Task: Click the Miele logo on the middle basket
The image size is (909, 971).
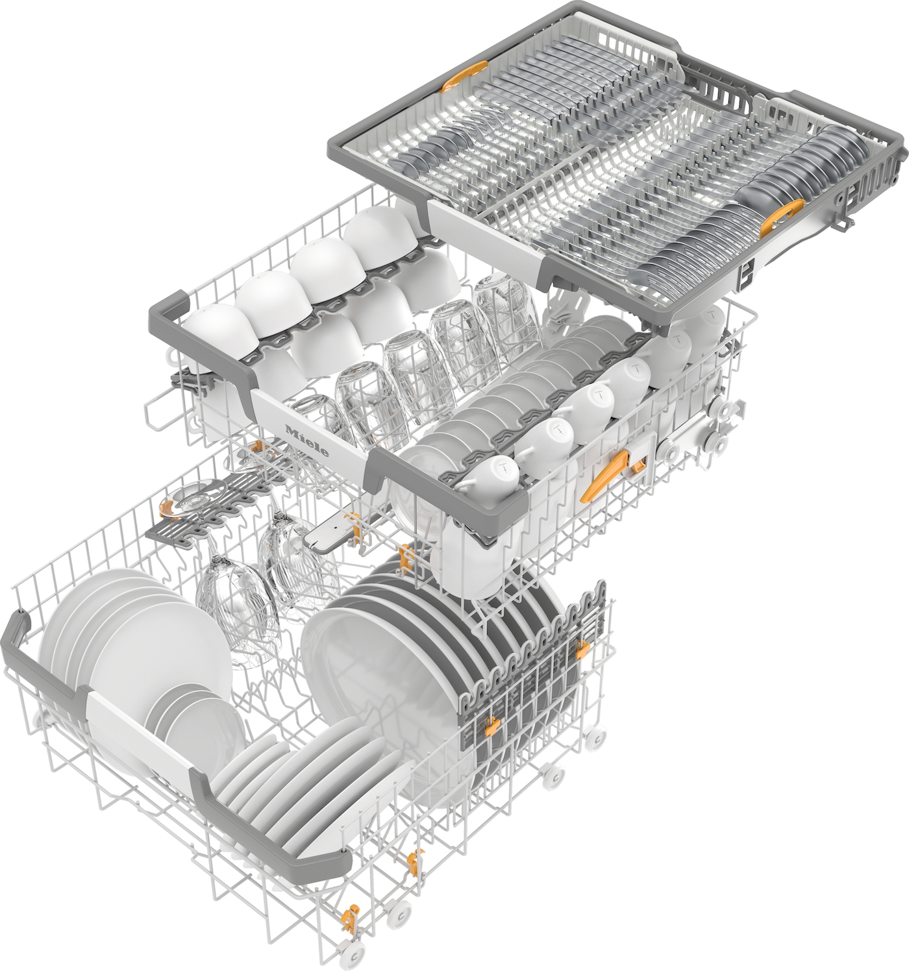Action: pyautogui.click(x=306, y=439)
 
